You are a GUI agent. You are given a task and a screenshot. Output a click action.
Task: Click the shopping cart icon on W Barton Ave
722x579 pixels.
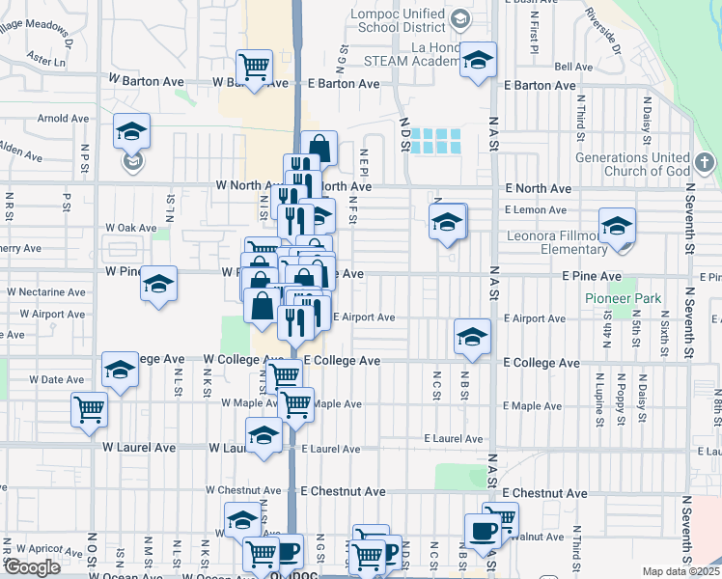[x=255, y=68]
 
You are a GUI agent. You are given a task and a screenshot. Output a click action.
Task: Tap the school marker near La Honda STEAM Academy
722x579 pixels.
[x=477, y=60]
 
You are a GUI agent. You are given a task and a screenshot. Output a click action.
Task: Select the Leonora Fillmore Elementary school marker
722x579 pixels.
[x=617, y=227]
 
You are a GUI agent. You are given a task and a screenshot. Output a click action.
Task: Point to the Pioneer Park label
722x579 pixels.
[x=624, y=298]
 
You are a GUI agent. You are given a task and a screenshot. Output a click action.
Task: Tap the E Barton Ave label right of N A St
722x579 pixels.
[x=541, y=85]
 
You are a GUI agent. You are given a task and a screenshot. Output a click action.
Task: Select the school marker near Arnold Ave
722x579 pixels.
[x=131, y=131]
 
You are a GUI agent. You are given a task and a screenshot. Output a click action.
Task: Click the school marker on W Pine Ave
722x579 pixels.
[x=159, y=284]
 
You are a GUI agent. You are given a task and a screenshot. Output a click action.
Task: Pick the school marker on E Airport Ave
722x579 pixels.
[x=472, y=337]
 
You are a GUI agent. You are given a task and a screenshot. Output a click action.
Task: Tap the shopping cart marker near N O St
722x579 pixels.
[x=89, y=408]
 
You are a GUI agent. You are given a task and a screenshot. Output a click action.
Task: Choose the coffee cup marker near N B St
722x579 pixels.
[x=482, y=530]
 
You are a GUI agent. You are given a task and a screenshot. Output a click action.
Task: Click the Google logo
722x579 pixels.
[x=32, y=567]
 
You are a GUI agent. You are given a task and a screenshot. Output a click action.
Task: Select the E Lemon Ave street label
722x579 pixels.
[x=535, y=209]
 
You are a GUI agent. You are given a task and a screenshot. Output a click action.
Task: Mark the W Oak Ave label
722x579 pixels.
[x=131, y=228]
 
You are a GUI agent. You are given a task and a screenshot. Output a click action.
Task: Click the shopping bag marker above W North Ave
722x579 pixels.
[x=319, y=149]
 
